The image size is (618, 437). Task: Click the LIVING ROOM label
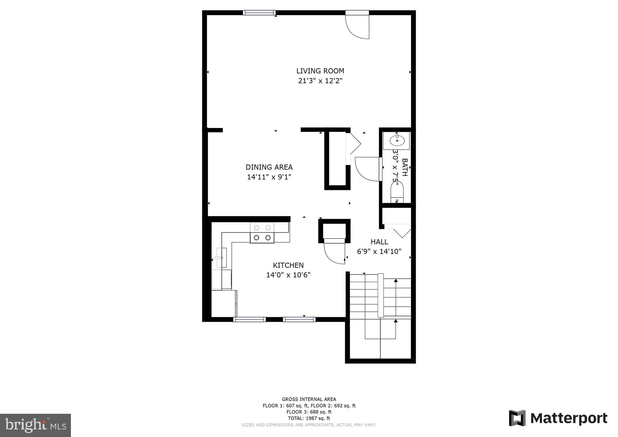(320, 71)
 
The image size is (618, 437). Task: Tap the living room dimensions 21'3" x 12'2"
(320, 81)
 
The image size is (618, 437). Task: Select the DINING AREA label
(269, 167)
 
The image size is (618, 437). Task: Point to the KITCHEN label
(288, 265)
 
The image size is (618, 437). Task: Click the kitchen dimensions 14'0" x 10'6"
(288, 275)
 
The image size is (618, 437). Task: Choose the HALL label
(379, 242)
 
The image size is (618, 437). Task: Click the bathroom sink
(397, 140)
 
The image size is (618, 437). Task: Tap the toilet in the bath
(397, 192)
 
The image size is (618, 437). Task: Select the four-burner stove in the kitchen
(262, 233)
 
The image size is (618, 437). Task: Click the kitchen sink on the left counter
(221, 257)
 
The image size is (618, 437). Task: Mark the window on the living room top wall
(259, 13)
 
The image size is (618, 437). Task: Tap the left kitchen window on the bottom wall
(250, 319)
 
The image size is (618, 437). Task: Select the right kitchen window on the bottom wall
(299, 319)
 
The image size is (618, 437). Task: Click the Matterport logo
(558, 418)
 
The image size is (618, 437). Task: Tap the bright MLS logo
(35, 426)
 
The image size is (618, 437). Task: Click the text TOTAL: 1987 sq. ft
(309, 418)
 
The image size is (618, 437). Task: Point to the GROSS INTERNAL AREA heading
(309, 399)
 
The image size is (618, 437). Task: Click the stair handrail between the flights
(381, 295)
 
